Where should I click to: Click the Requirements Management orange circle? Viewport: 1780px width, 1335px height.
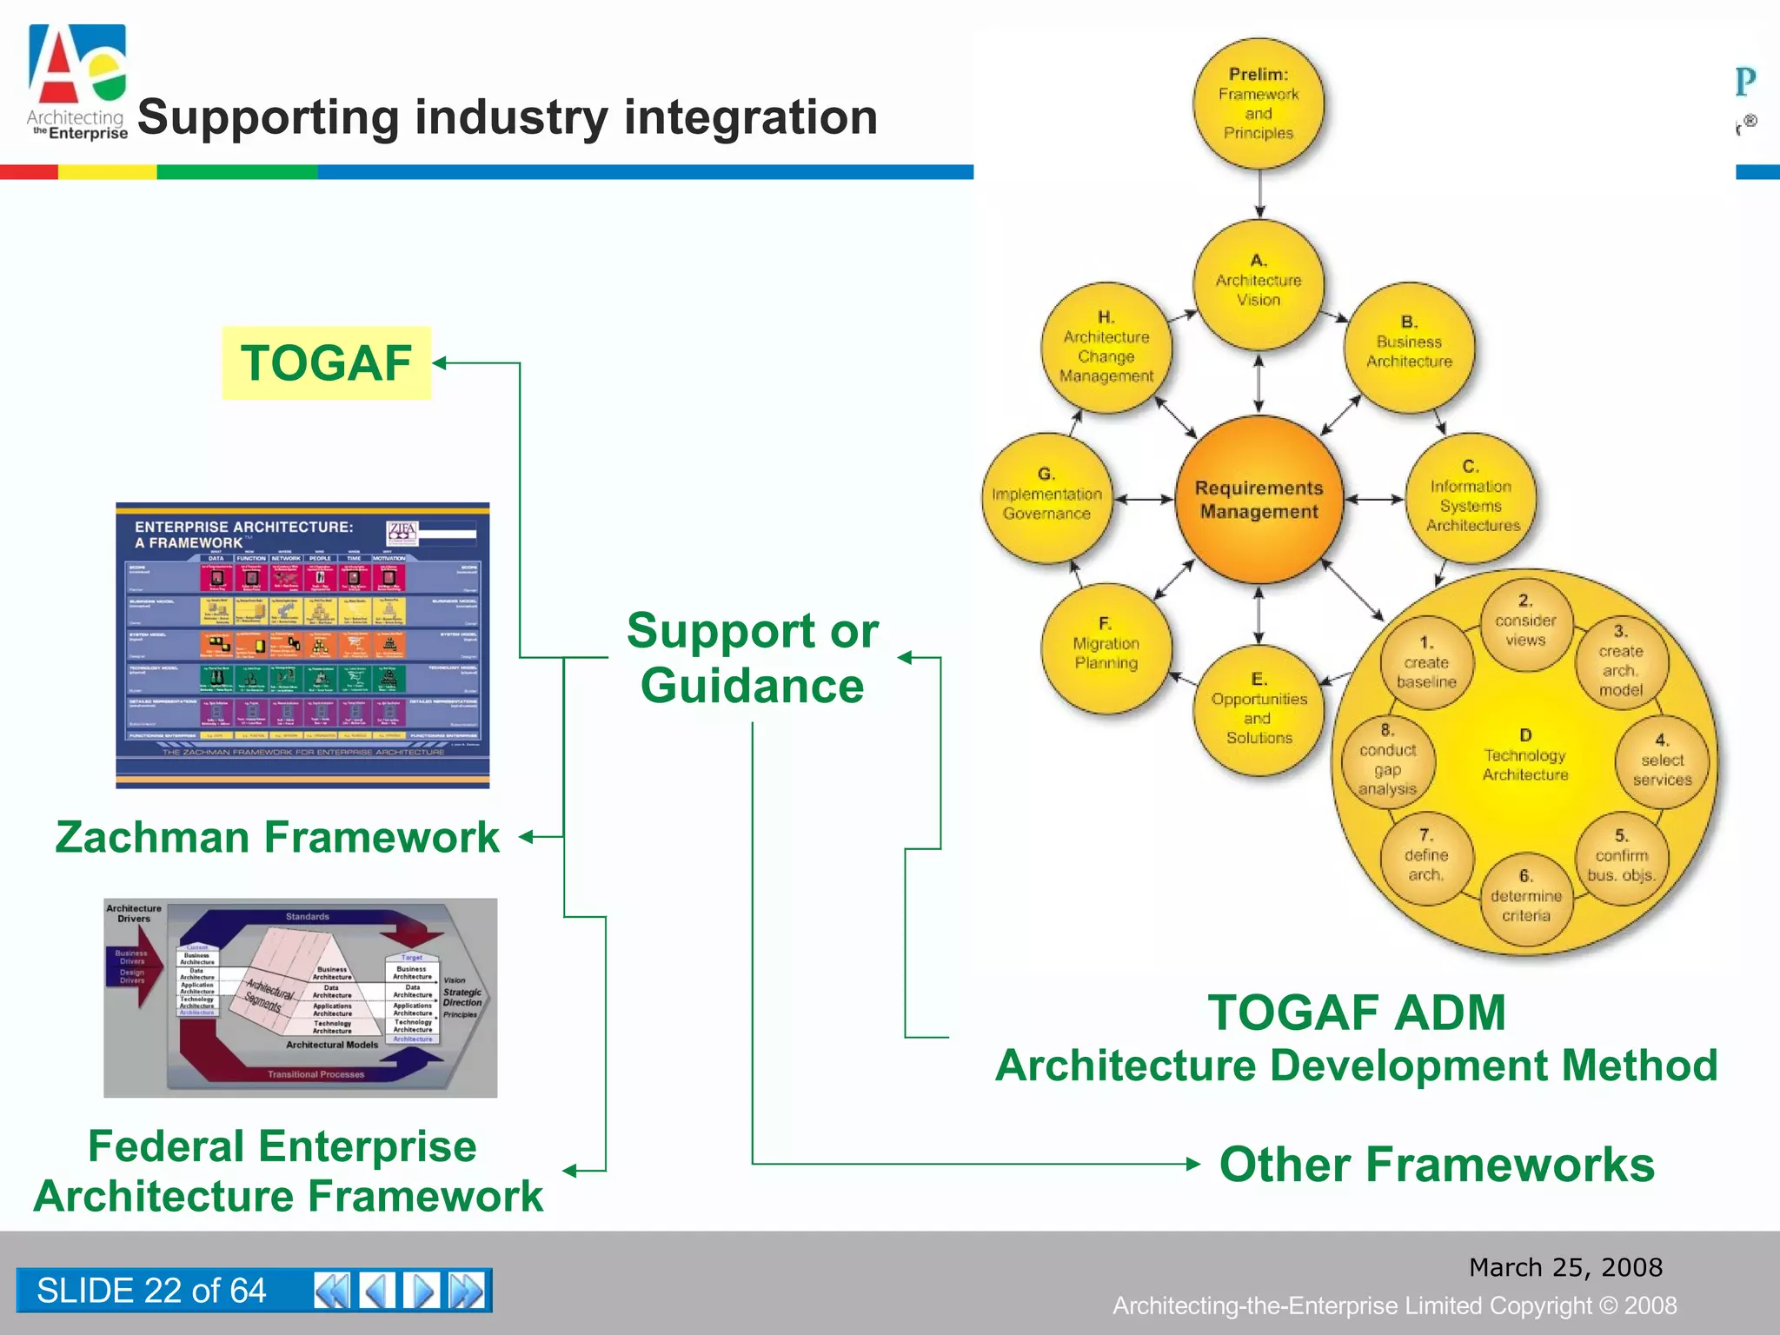[1259, 500]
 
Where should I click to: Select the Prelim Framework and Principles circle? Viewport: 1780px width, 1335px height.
[1259, 103]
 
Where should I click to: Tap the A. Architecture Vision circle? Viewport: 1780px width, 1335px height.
[1259, 283]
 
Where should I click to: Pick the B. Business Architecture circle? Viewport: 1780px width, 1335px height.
[1409, 347]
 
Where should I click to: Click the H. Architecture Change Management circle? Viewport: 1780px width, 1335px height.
[1106, 347]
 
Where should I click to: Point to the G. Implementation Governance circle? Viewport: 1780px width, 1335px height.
[1046, 498]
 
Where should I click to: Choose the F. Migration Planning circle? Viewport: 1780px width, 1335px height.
[1106, 648]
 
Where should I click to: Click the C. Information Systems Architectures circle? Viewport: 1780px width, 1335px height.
[1471, 498]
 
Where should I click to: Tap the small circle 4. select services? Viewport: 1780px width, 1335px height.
[1662, 760]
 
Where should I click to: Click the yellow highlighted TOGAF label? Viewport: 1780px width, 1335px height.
[327, 363]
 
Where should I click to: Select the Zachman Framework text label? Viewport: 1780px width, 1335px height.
[277, 837]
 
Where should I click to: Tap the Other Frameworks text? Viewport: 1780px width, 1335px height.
[1437, 1164]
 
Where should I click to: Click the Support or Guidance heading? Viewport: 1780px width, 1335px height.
[753, 657]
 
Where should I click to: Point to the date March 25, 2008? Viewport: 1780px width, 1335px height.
[1565, 1267]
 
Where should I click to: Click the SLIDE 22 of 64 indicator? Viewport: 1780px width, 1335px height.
[151, 1290]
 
